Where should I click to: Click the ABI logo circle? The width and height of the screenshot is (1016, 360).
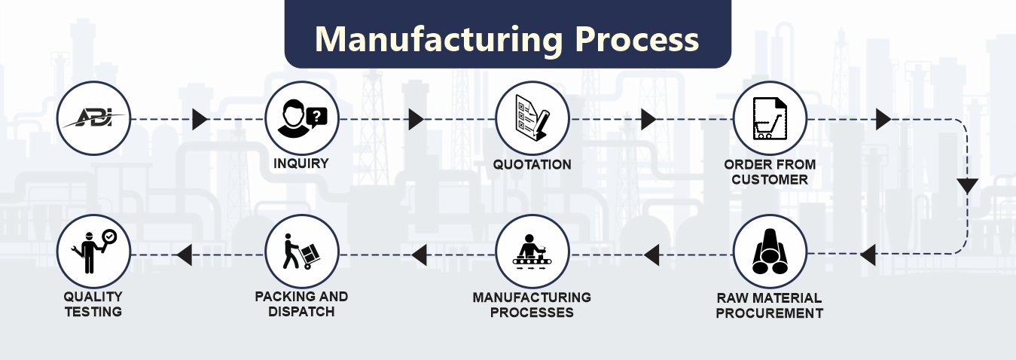pos(93,119)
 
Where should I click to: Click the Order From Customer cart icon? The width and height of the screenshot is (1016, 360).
pos(770,119)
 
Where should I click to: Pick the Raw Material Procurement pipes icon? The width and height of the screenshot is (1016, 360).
pos(770,252)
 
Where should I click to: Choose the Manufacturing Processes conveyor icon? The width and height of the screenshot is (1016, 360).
pos(532,252)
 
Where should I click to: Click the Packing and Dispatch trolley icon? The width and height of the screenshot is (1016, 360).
pos(302,252)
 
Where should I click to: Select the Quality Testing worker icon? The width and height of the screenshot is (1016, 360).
pos(93,252)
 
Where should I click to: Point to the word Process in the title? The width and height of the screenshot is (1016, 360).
pos(637,38)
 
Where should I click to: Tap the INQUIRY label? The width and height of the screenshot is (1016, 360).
pos(301,163)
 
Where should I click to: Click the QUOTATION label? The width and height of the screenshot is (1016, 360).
pos(532,164)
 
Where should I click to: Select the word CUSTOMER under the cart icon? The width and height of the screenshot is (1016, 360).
pos(770,180)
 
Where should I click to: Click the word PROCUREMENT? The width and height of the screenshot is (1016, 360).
pos(770,313)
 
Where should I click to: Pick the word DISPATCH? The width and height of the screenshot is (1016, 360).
pos(301,311)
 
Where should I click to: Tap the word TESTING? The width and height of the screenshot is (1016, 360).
pos(93,311)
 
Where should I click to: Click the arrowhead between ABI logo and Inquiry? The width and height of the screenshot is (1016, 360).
pos(200,119)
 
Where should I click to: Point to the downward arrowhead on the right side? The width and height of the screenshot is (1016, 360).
pos(967,185)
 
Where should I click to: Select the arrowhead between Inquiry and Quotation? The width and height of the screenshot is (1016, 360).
pos(416,119)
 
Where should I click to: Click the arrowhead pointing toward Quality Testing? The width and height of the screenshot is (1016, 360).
pos(183,257)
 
